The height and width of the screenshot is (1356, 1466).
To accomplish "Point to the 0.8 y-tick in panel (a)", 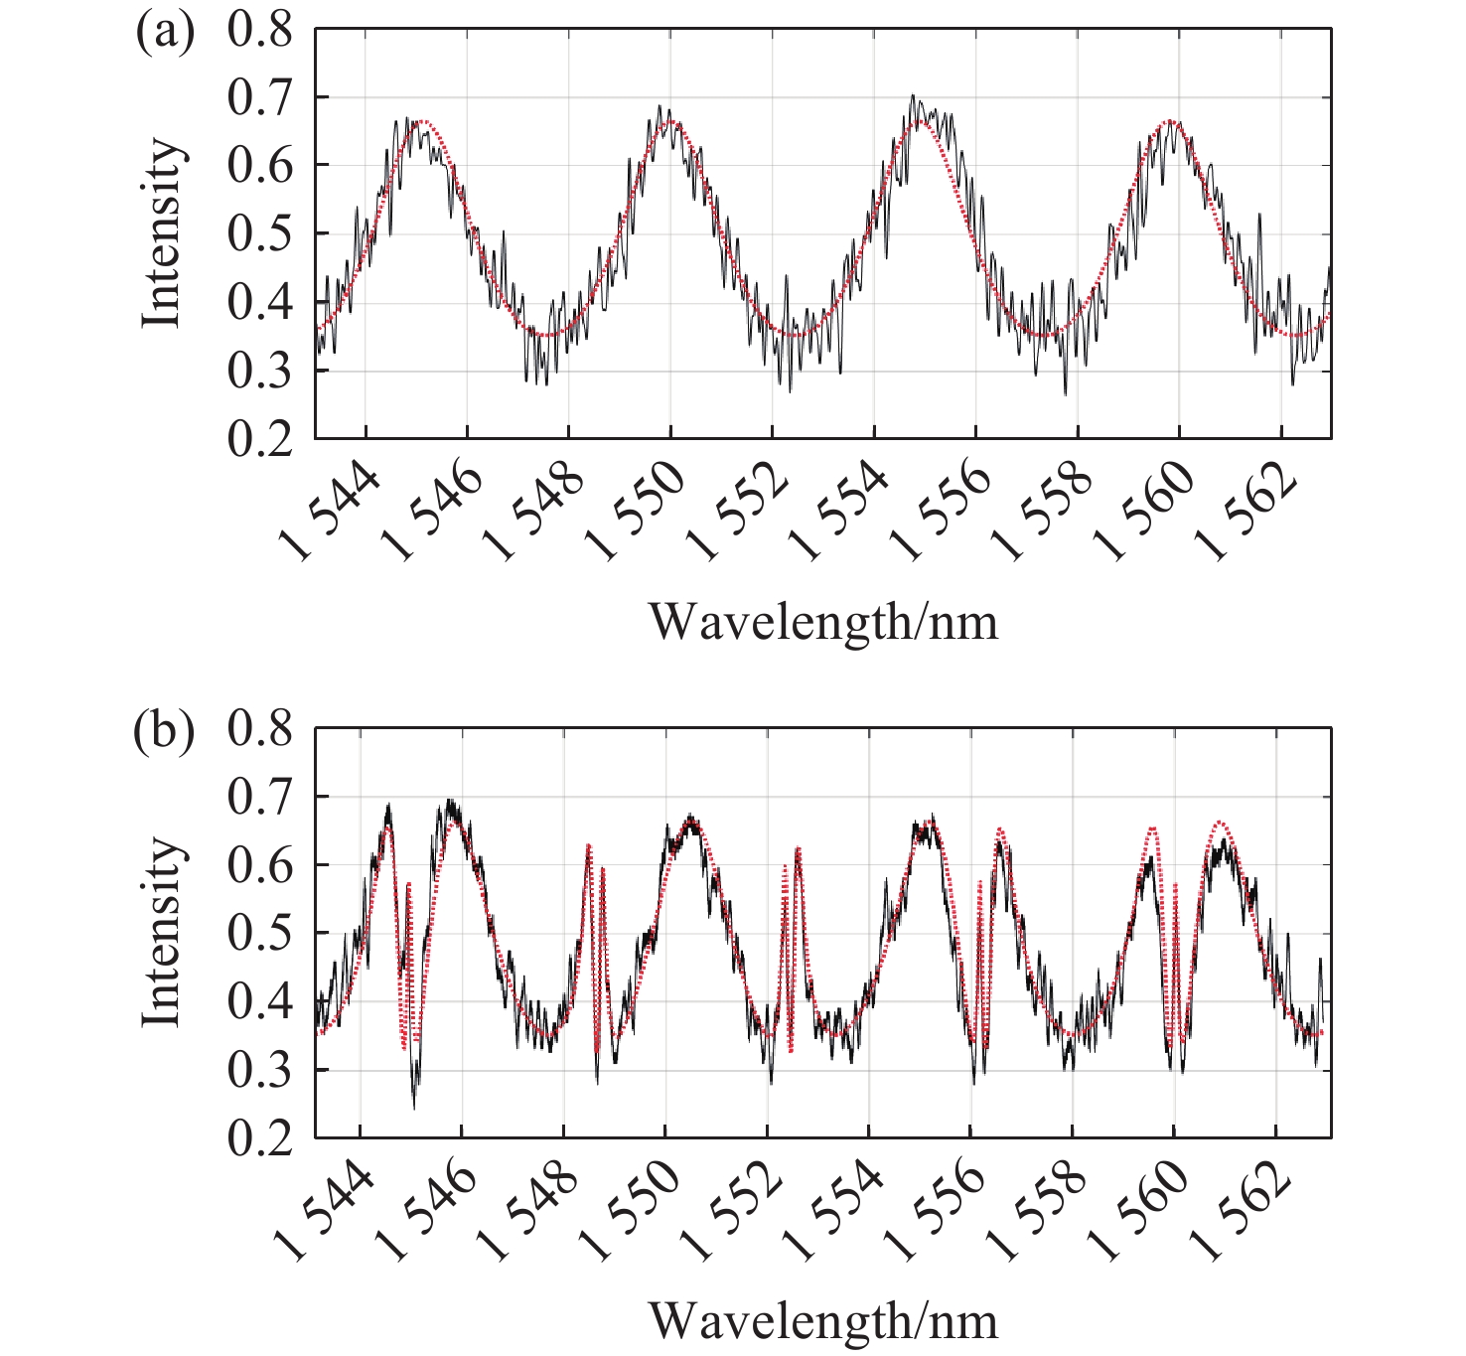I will [x=260, y=30].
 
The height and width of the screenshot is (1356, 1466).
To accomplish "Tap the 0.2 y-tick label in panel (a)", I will [x=260, y=439].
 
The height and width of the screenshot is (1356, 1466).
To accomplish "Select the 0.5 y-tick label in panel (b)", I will [x=260, y=934].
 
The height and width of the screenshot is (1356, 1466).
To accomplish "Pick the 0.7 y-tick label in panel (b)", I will [x=260, y=798].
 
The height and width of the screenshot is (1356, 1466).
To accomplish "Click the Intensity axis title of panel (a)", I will [x=161, y=233].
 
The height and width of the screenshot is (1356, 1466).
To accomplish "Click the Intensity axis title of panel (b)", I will [x=161, y=933].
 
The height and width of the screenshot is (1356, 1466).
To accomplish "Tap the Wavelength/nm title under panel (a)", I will [x=823, y=623].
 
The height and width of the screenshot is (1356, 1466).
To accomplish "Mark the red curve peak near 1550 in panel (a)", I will [x=670, y=121].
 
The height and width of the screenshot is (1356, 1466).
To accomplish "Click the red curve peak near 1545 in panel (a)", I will [x=422, y=121].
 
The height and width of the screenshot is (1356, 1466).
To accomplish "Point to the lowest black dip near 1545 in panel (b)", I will [x=414, y=1107].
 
